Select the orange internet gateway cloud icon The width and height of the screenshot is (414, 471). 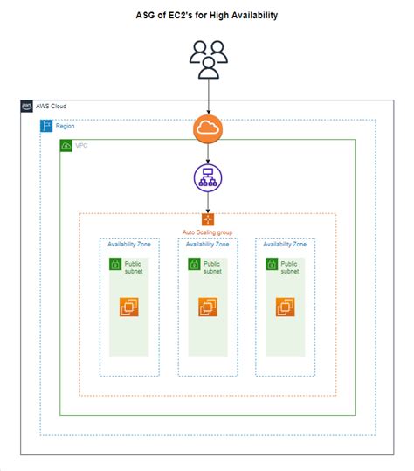(208, 128)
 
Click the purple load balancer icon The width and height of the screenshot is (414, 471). (208, 177)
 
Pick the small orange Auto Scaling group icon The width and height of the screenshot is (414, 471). (208, 219)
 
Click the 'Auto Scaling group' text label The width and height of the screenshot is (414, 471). (208, 232)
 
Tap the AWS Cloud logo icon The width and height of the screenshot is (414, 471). (27, 107)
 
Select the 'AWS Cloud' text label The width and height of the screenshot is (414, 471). (52, 107)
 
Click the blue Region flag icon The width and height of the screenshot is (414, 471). (47, 126)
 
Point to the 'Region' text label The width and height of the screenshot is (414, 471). (66, 126)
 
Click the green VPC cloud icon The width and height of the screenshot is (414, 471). (66, 145)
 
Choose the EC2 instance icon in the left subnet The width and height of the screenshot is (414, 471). (129, 307)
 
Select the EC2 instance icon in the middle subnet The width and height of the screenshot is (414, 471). (208, 307)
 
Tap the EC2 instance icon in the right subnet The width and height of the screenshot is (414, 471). (286, 307)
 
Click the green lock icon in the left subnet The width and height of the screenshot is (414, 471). (114, 264)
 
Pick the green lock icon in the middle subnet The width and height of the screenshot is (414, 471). (193, 264)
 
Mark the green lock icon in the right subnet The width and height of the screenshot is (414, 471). (271, 264)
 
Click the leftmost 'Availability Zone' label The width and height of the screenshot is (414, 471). (129, 245)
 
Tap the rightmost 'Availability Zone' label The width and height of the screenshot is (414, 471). (285, 245)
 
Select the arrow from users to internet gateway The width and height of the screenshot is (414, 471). (208, 94)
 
